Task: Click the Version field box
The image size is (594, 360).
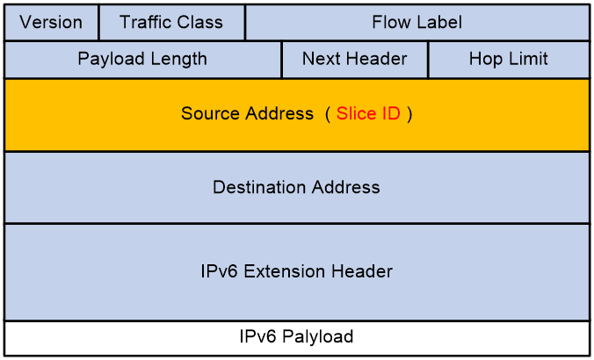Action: [x=52, y=22]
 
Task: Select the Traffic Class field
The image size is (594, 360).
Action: [x=171, y=22]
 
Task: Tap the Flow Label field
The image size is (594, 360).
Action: [x=417, y=22]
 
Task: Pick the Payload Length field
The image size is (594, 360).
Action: [x=143, y=60]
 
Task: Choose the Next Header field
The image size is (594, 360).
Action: [x=355, y=60]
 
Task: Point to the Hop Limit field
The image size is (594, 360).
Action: [x=509, y=60]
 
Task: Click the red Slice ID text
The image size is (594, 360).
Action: [x=368, y=113]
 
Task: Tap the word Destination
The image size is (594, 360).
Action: [x=259, y=187]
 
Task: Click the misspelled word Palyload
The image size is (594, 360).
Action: [x=318, y=336]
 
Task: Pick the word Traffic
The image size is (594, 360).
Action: [x=143, y=22]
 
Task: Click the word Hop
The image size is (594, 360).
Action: [x=484, y=60]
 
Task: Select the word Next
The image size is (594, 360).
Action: [x=322, y=59]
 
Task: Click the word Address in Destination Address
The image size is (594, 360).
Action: [x=345, y=187]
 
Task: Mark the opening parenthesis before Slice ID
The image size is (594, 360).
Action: [x=328, y=113]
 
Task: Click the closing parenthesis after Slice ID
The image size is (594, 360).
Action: [x=409, y=113]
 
